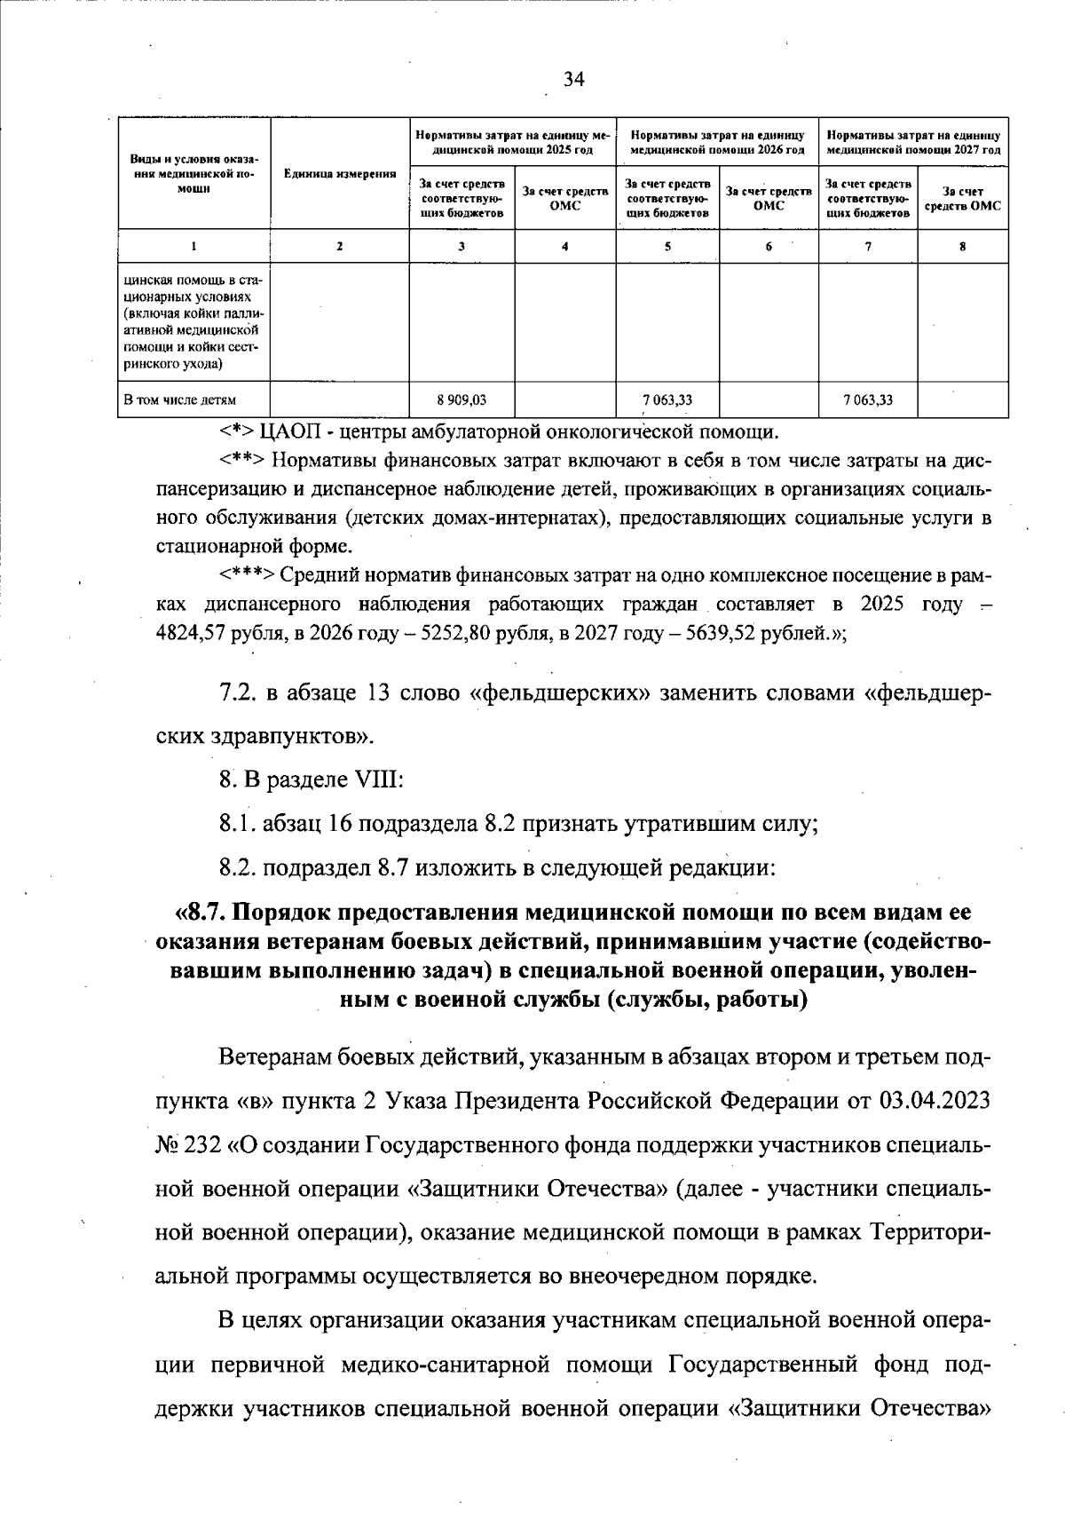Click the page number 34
coord(574,80)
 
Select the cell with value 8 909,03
coord(461,400)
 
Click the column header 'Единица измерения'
coord(339,174)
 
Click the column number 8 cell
coord(962,247)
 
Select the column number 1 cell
coord(193,247)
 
